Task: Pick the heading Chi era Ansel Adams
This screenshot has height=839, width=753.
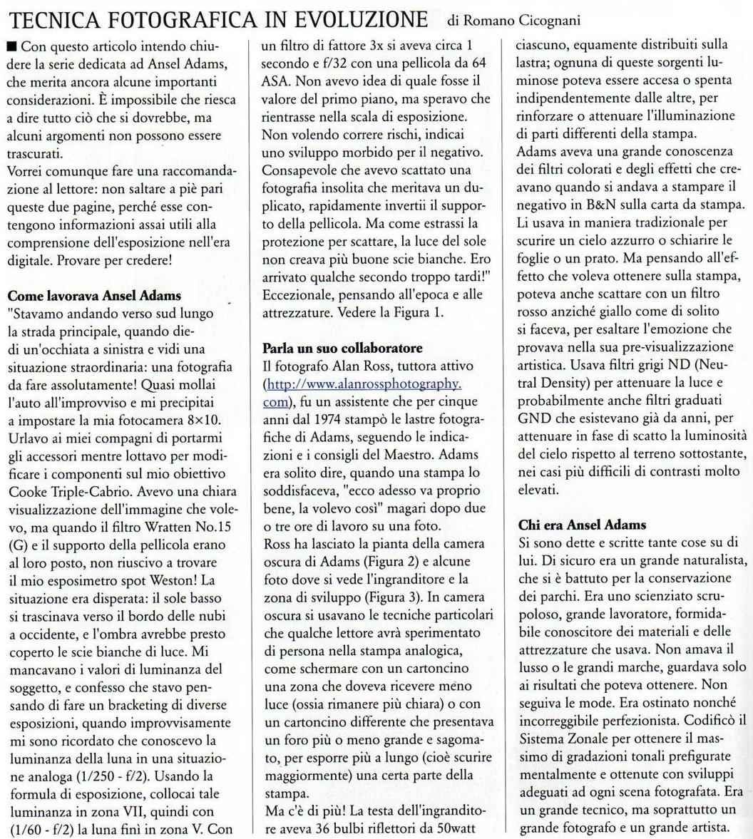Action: tap(573, 525)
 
